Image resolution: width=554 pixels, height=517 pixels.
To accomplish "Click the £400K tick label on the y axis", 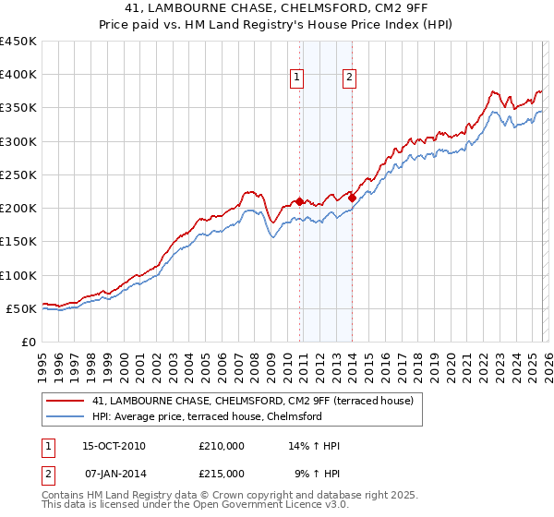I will click(18, 75).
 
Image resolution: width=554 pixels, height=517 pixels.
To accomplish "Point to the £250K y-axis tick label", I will click(18, 174).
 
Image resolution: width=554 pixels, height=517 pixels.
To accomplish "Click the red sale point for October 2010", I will click(299, 201).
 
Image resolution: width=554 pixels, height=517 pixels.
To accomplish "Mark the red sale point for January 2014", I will click(352, 198).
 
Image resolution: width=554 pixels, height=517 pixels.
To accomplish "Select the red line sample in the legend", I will click(66, 401).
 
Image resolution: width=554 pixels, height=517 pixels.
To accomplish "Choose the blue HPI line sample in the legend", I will click(66, 416).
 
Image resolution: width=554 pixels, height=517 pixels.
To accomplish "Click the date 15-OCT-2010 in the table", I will click(114, 446).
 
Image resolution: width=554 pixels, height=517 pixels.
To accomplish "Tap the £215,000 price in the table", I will click(222, 473).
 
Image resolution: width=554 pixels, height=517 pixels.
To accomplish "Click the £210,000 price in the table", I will click(222, 446).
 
